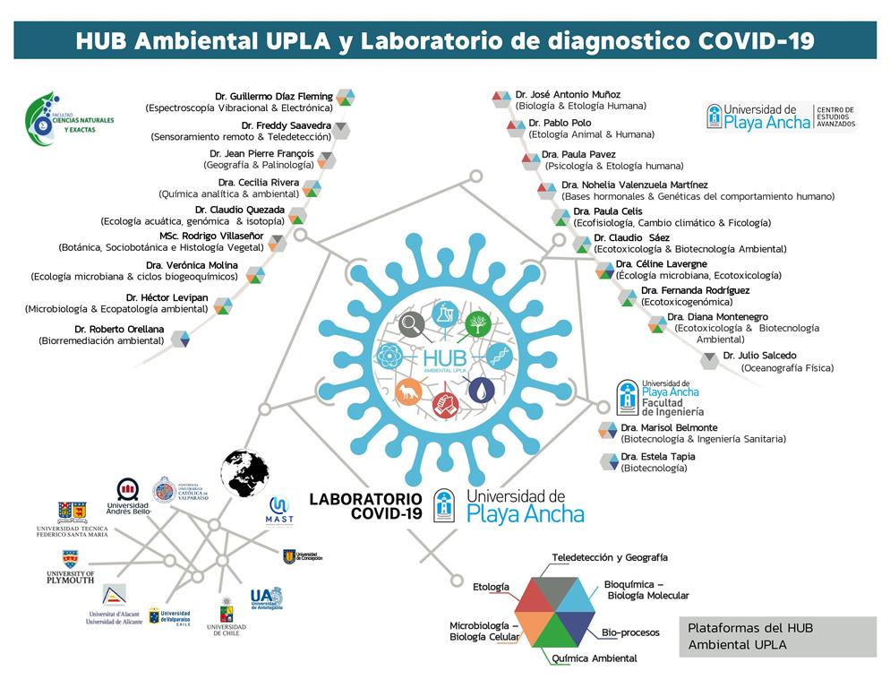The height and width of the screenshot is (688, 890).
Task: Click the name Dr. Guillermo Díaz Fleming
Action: pyautogui.click(x=273, y=96)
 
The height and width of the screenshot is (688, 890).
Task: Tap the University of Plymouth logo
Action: pyautogui.click(x=70, y=566)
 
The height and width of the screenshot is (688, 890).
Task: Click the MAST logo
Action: pyautogui.click(x=279, y=511)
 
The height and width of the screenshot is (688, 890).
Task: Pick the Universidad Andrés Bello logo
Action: pyautogui.click(x=128, y=495)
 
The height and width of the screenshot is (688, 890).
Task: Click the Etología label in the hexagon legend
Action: pyautogui.click(x=491, y=587)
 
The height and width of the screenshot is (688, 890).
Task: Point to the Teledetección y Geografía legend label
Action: pyautogui.click(x=609, y=557)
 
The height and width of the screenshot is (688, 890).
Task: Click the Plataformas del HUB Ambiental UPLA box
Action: pyautogui.click(x=776, y=636)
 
